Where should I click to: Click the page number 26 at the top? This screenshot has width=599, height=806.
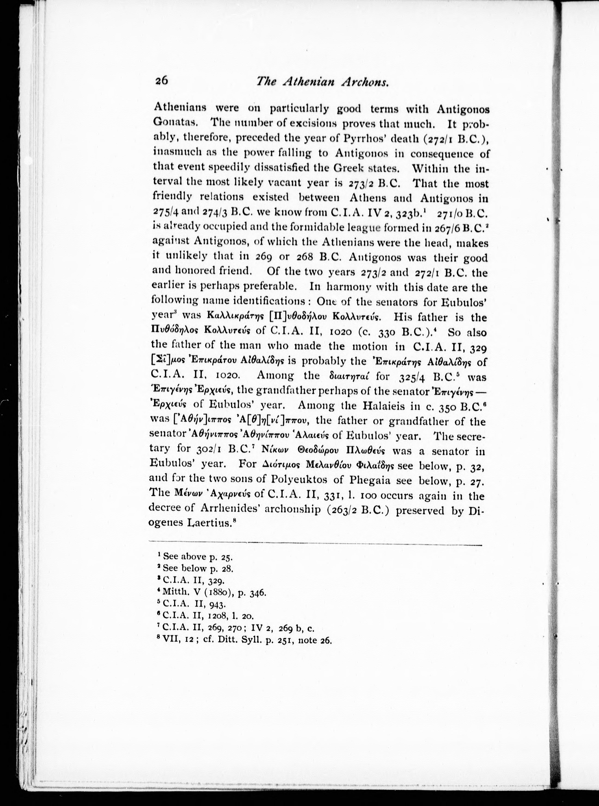click(x=161, y=80)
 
